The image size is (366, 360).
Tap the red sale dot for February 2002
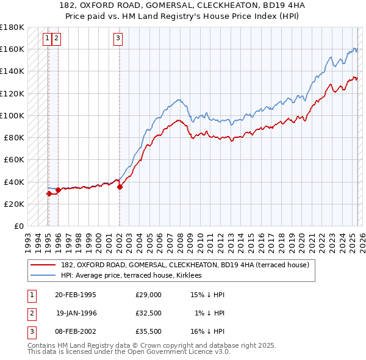click(120, 187)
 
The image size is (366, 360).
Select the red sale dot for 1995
click(49, 193)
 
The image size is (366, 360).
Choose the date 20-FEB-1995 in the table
click(75, 295)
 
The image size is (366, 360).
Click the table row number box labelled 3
click(31, 331)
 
